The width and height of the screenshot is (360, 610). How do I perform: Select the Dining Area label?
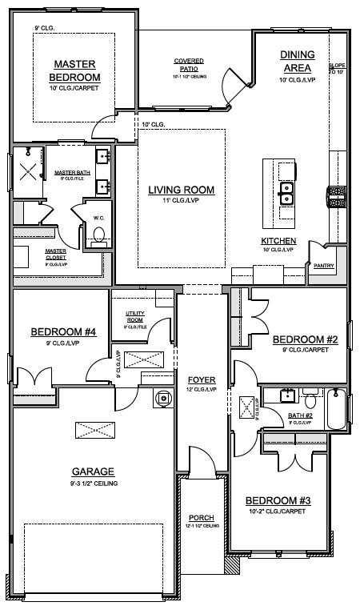click(x=297, y=60)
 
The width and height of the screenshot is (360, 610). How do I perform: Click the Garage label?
click(x=93, y=472)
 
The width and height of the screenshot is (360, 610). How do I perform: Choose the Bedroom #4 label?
click(x=63, y=331)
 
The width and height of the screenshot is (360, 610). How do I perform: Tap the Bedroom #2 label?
click(x=305, y=339)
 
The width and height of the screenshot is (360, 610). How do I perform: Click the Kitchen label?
click(x=278, y=241)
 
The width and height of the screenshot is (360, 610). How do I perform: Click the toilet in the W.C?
click(x=99, y=235)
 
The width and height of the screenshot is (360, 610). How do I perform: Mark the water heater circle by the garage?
click(x=162, y=396)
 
